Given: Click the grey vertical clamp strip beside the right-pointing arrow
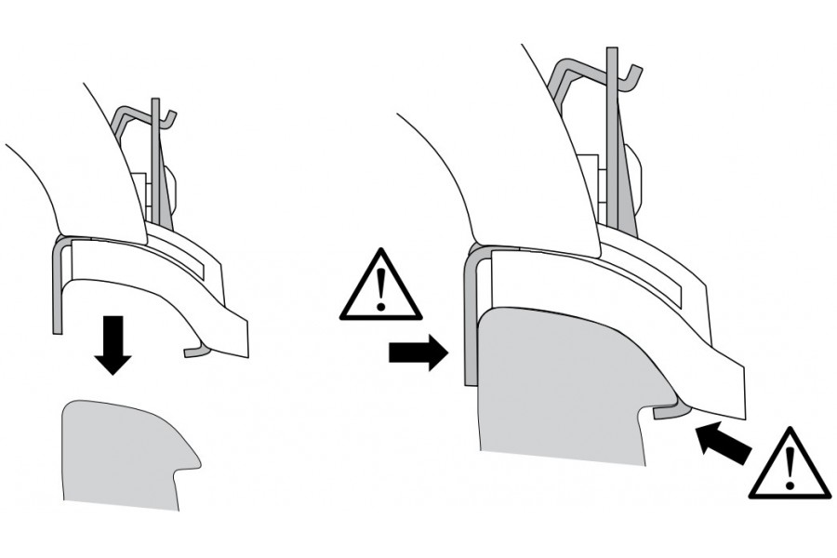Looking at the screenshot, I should [471, 316].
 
